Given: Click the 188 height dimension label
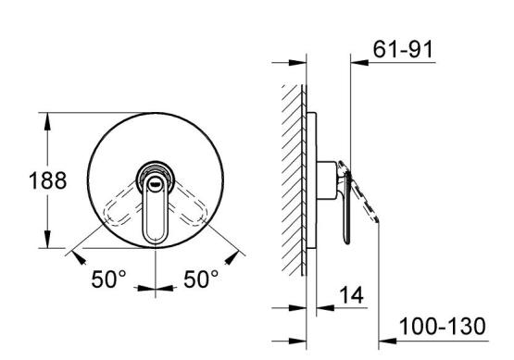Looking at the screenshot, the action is point(48,180).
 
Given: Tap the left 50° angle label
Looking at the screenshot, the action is point(108,279).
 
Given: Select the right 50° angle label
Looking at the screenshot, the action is point(201,279).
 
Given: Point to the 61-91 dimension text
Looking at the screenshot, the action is point(403,49).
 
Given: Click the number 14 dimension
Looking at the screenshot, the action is point(351,295).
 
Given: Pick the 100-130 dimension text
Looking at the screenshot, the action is point(442,327).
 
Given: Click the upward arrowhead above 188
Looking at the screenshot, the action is point(47,121).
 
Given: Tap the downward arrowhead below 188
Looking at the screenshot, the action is point(47,239).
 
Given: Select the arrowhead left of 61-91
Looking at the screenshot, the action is point(359,62).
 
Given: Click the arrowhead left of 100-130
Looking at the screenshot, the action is point(388,341).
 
